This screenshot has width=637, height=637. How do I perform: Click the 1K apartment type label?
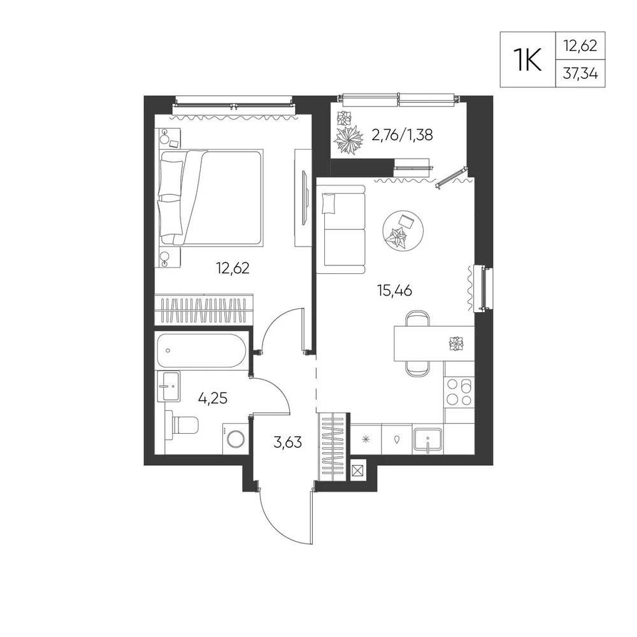[x=527, y=60]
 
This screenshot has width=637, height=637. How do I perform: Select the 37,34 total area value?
[x=580, y=73]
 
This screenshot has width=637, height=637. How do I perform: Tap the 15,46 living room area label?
[x=394, y=290]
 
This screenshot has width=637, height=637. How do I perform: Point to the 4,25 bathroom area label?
[x=213, y=398]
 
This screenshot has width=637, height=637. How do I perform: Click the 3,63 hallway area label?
[x=288, y=441]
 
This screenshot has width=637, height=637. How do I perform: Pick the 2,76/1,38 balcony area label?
[x=402, y=134]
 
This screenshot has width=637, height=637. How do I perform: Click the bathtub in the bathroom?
[x=201, y=350]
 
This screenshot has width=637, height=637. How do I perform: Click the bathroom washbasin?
[x=169, y=386]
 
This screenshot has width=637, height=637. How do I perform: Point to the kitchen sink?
[x=428, y=440]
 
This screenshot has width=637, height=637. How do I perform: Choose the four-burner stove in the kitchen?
[x=459, y=392]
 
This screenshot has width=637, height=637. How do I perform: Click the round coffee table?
[x=403, y=231]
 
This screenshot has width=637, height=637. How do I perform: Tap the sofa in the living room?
[x=341, y=229]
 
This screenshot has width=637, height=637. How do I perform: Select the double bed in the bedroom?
[x=210, y=198]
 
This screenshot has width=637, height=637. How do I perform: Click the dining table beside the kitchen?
[x=434, y=343]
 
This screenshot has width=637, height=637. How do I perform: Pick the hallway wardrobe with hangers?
[x=333, y=447]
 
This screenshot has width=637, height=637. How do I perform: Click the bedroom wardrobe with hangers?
[x=204, y=310]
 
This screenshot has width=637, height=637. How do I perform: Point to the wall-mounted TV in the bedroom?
[x=304, y=197]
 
